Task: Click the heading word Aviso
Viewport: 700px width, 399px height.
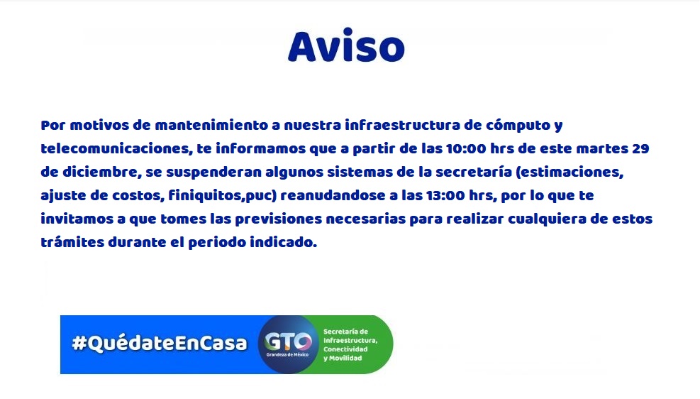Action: click(346, 46)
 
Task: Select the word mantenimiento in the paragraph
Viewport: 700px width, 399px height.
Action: click(211, 125)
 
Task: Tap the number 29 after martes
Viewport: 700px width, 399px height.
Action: click(640, 149)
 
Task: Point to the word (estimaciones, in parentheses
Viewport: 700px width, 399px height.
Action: click(570, 173)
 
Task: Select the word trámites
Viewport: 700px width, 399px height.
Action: click(72, 243)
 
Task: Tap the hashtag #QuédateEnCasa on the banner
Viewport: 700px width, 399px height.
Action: click(160, 343)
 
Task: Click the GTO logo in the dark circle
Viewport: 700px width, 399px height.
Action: click(288, 342)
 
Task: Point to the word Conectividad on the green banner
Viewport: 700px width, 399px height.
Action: click(345, 349)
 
